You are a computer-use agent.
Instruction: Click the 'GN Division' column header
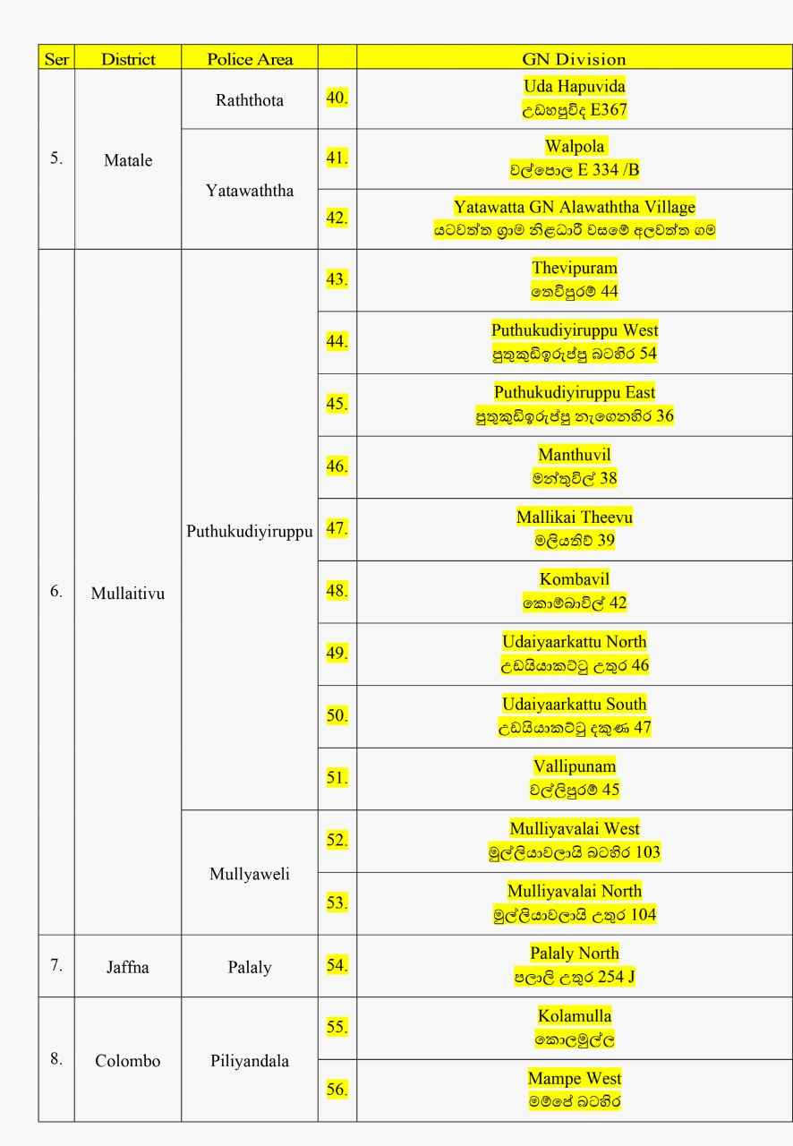click(x=574, y=59)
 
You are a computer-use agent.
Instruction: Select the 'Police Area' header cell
click(x=250, y=59)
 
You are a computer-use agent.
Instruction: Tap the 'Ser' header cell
click(x=55, y=59)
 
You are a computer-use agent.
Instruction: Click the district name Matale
click(x=128, y=161)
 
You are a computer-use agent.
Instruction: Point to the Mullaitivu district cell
click(x=128, y=593)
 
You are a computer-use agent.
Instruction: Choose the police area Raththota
click(x=250, y=100)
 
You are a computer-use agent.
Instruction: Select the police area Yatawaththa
click(x=250, y=192)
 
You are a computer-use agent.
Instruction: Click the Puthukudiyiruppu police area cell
click(x=250, y=531)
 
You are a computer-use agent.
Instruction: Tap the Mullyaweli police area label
click(x=250, y=875)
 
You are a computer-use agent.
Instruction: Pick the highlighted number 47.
click(x=337, y=528)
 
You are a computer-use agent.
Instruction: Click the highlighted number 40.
click(x=337, y=98)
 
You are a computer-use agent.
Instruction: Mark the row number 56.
click(x=337, y=1090)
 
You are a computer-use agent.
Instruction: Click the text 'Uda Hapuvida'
click(x=574, y=87)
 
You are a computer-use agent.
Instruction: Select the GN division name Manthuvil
click(x=574, y=455)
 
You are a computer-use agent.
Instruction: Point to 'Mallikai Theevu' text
click(x=574, y=517)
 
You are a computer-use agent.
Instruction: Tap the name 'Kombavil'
click(x=574, y=579)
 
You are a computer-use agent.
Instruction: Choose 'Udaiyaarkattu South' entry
click(x=574, y=704)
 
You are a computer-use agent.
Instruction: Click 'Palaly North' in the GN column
click(x=574, y=953)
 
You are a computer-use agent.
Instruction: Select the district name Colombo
click(x=128, y=1061)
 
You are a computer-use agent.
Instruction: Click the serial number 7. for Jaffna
click(x=55, y=965)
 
